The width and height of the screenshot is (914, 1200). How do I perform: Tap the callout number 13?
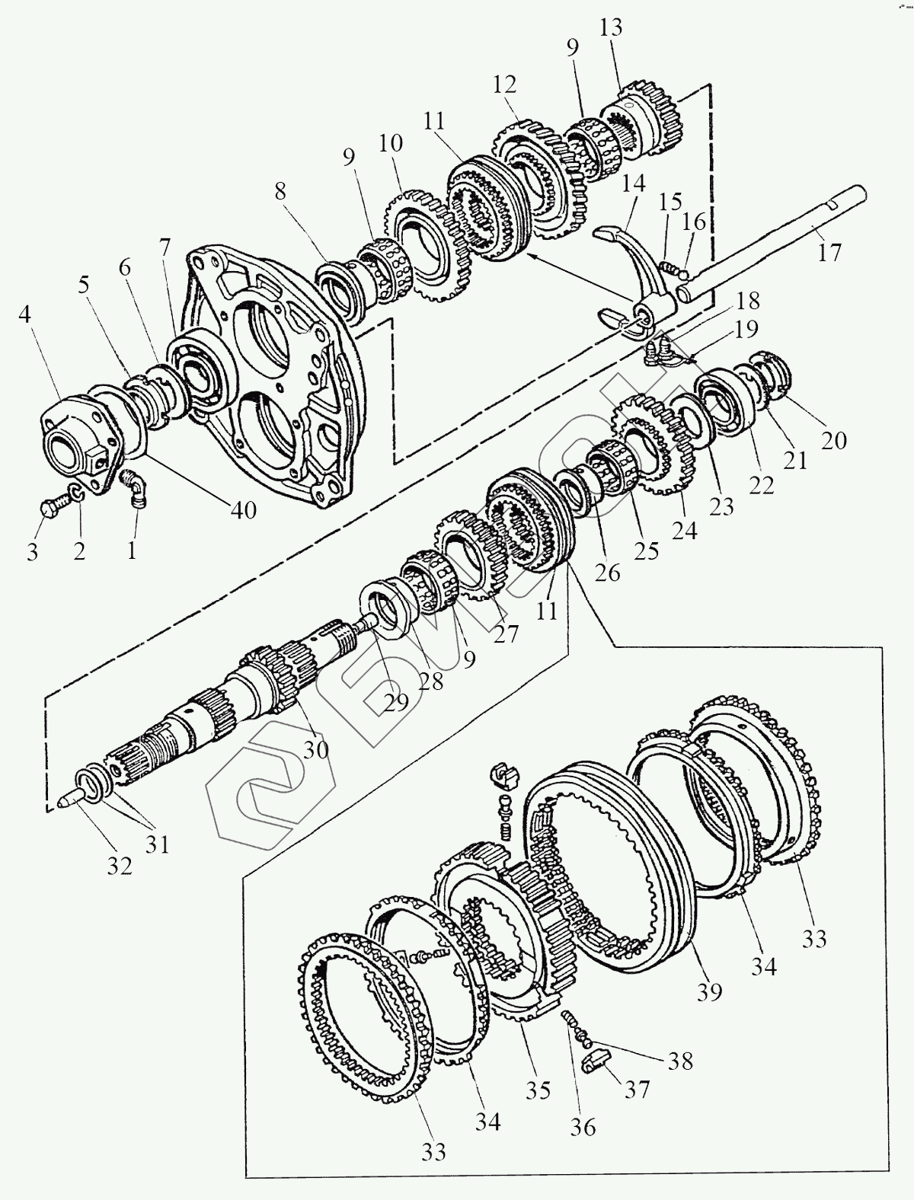click(x=610, y=28)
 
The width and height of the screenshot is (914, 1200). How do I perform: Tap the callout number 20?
click(x=835, y=439)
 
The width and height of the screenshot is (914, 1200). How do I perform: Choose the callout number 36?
click(x=583, y=1125)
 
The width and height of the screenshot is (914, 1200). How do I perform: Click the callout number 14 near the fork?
click(x=634, y=184)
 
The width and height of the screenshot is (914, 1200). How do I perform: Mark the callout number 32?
click(x=120, y=865)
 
